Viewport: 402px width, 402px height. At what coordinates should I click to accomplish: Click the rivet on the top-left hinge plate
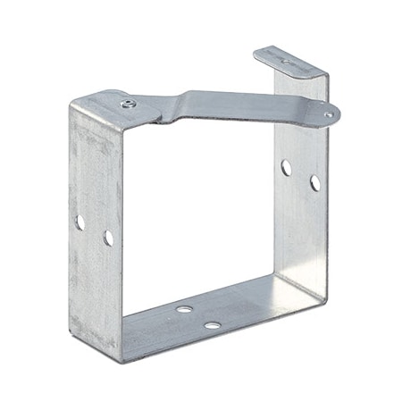[126, 105]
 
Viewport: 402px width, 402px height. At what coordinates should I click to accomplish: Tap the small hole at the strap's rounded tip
[329, 115]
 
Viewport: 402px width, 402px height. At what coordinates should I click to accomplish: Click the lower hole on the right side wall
[315, 183]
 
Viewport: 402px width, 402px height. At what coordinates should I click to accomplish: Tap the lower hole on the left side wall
[108, 238]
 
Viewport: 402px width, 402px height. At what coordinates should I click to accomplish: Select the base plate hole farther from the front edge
[184, 309]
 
